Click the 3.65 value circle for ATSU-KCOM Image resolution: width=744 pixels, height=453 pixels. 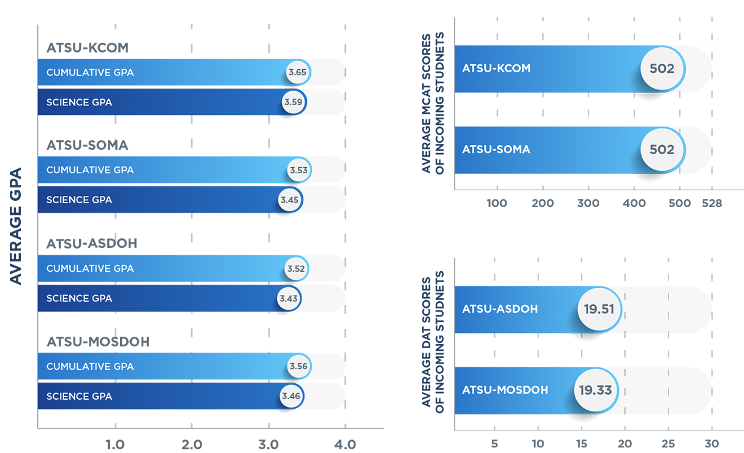click(x=298, y=72)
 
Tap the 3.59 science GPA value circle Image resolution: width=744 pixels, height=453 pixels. click(x=294, y=102)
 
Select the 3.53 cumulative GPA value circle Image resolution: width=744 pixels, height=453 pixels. click(x=298, y=170)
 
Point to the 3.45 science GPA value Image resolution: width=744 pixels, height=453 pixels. click(x=290, y=200)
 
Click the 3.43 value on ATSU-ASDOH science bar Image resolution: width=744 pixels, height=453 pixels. click(x=288, y=298)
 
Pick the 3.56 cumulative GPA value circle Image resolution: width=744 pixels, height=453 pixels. click(x=298, y=366)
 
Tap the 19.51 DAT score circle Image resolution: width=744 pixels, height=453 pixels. click(x=599, y=309)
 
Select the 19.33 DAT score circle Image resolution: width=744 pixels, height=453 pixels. click(x=596, y=390)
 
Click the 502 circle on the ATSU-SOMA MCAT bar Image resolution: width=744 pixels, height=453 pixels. click(x=662, y=149)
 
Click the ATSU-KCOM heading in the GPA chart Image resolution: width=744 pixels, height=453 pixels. click(x=88, y=48)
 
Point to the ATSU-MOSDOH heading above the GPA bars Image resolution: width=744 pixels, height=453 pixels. click(x=98, y=342)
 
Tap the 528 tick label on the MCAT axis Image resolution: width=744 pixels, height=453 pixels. click(x=712, y=203)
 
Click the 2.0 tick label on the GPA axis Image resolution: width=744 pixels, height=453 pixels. click(x=192, y=444)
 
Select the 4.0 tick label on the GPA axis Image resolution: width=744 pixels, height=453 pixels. click(x=345, y=444)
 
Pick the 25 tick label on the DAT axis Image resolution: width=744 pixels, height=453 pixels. click(x=668, y=444)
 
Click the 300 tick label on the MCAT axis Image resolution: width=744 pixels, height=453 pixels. click(x=588, y=203)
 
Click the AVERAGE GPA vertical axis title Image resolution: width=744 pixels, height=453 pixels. click(x=15, y=226)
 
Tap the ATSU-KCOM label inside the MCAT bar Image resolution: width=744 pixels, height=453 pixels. click(x=496, y=69)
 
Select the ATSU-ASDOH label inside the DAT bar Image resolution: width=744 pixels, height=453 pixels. click(x=500, y=309)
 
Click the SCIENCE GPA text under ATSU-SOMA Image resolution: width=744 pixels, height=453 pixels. click(x=79, y=200)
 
